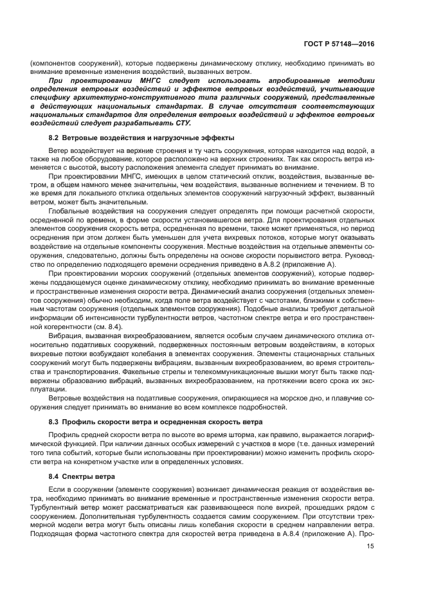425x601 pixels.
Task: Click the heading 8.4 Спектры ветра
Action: (82, 476)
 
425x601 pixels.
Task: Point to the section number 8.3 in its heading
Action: (55, 422)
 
